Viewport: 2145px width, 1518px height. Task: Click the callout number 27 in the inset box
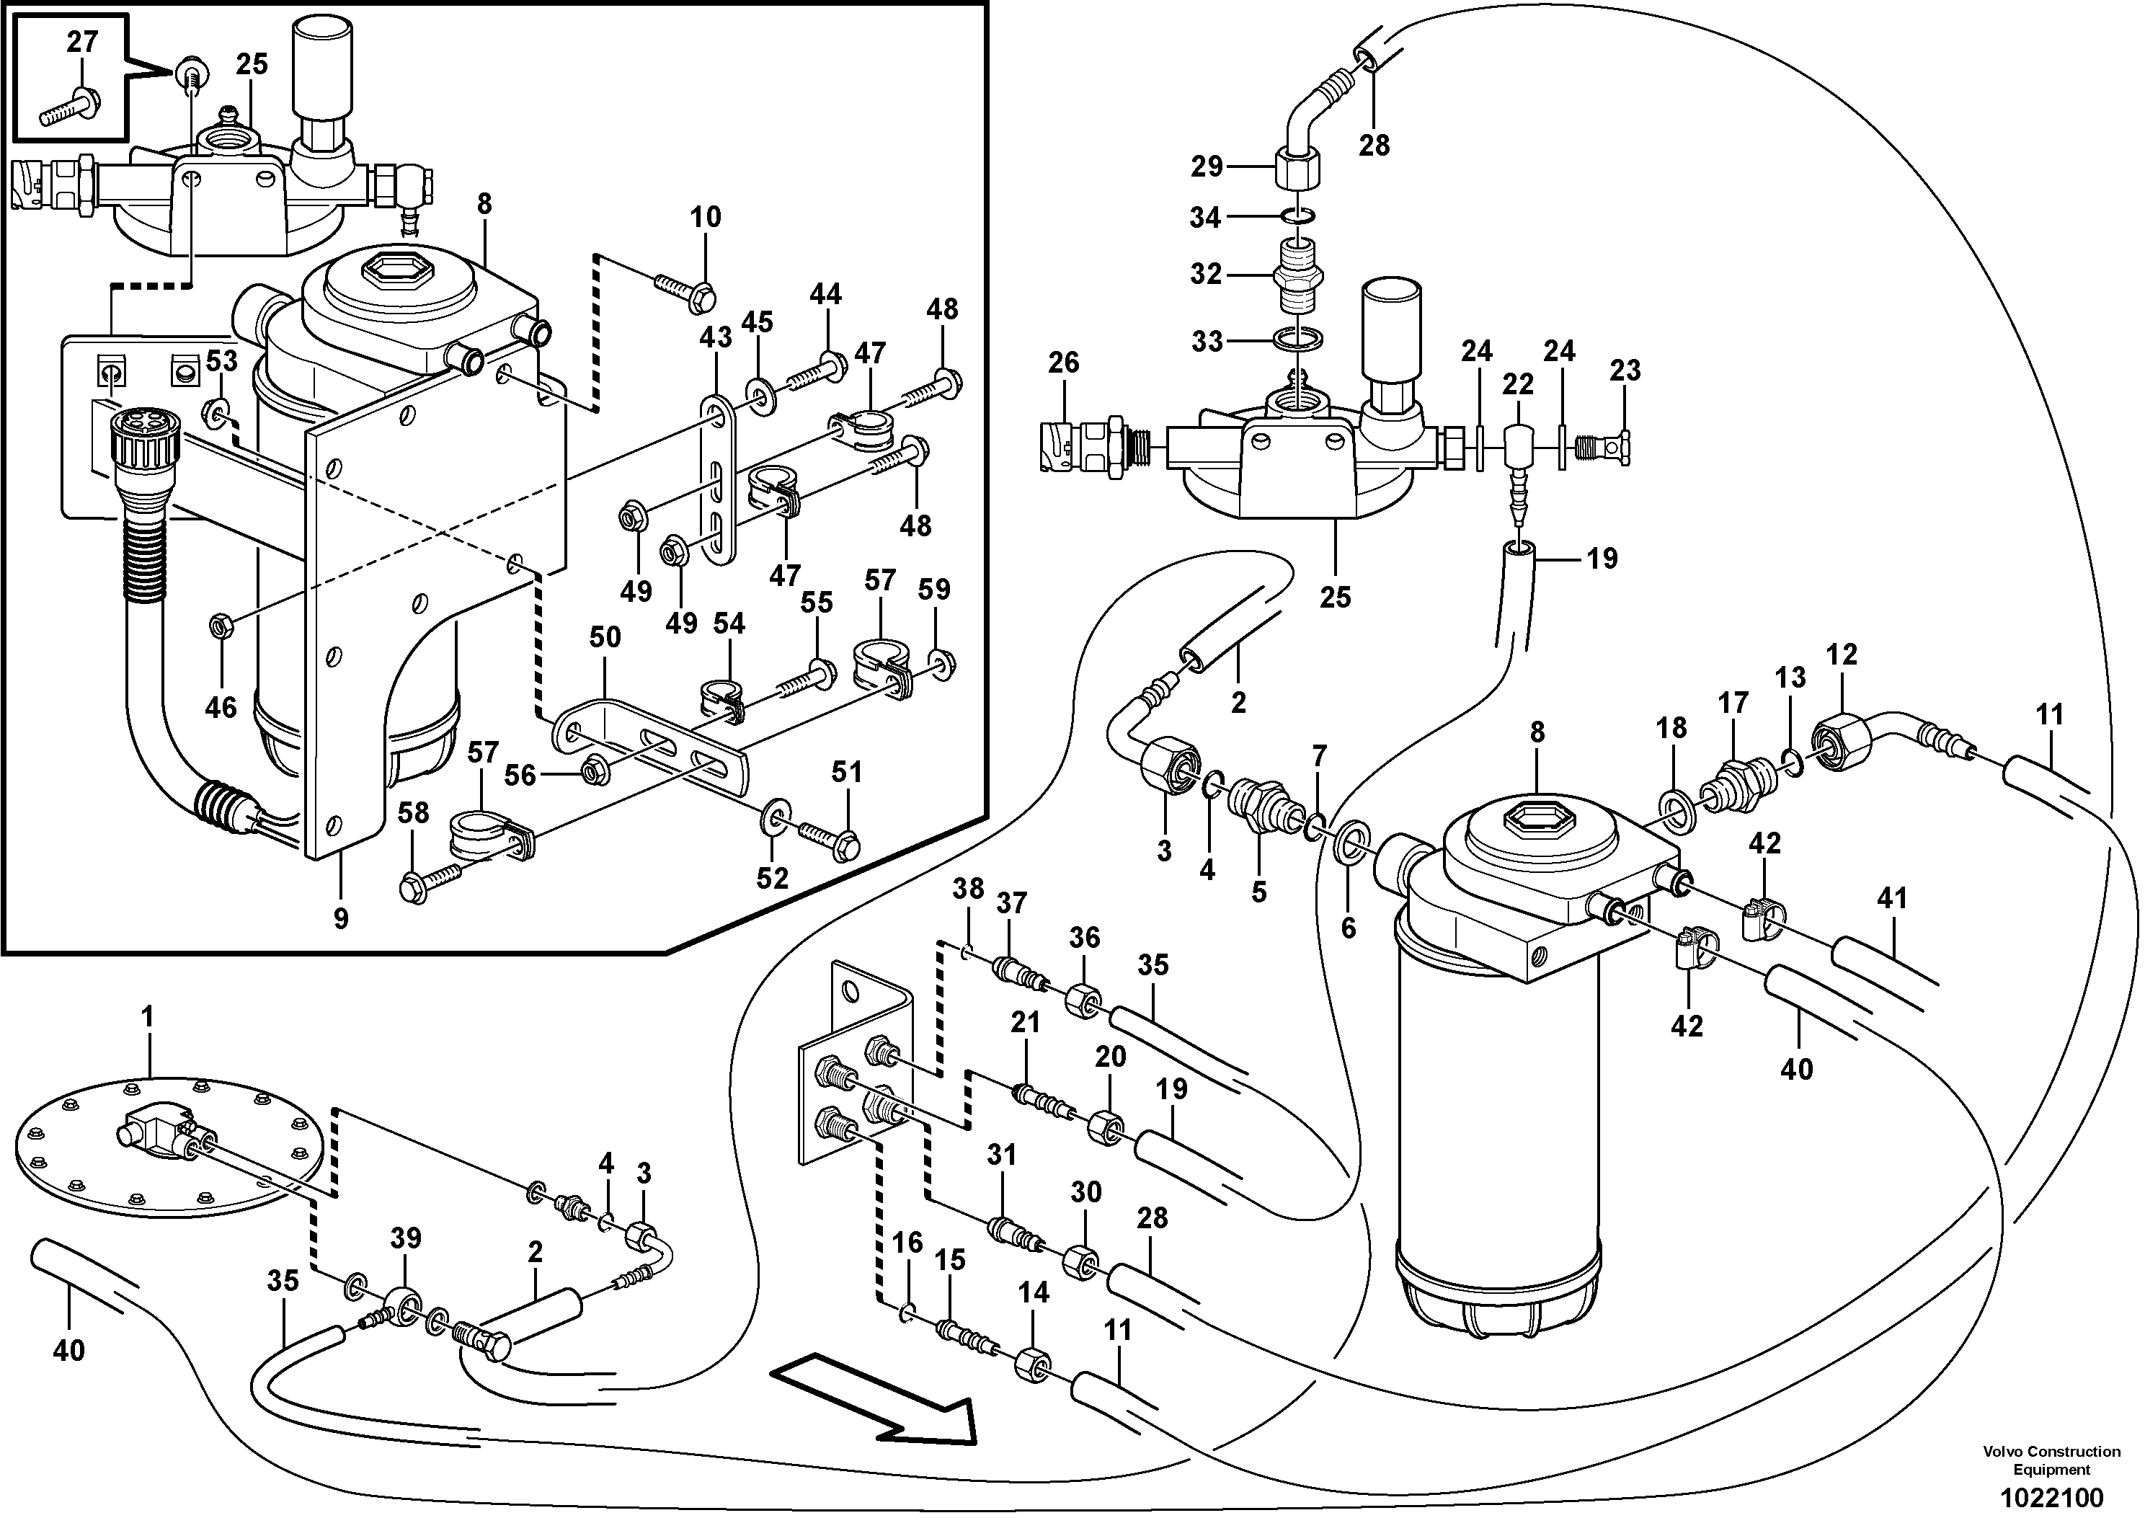click(x=82, y=41)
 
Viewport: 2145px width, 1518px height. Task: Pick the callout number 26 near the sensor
click(x=1064, y=363)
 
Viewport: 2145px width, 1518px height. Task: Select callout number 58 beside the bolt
click(x=413, y=812)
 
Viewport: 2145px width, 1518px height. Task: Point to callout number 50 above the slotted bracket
click(x=605, y=637)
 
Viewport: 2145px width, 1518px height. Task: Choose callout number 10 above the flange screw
click(x=706, y=217)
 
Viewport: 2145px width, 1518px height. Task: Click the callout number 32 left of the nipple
click(x=1206, y=274)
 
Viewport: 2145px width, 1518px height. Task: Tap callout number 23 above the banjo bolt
click(x=1625, y=370)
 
